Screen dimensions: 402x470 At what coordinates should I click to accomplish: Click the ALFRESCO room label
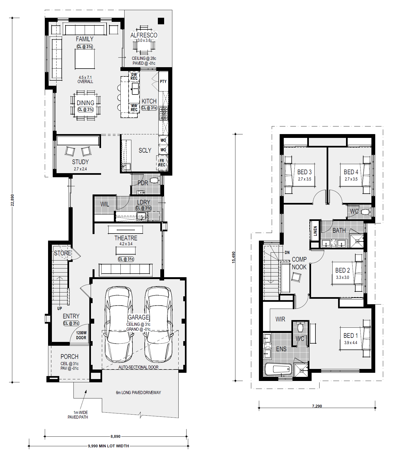pos(144,35)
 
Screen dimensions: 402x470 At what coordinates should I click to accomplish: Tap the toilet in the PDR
pos(155,180)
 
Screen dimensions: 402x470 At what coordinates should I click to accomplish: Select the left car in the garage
pos(119,324)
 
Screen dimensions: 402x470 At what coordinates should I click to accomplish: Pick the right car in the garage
pos(158,324)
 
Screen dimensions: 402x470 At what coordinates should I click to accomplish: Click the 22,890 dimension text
pos(12,200)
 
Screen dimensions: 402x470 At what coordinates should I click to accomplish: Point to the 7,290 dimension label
pos(317,406)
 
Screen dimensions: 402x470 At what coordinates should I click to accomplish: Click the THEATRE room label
pos(126,238)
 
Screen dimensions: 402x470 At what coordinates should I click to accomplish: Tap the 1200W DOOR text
pos(81,335)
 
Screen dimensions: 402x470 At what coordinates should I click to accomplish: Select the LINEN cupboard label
pos(315,231)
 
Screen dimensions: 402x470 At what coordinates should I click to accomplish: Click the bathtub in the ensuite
pos(278,370)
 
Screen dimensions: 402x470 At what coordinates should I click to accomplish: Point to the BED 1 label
pos(350,336)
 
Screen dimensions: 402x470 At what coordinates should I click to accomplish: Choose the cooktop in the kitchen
pos(164,113)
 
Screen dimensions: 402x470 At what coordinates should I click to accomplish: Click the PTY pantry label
pos(163,81)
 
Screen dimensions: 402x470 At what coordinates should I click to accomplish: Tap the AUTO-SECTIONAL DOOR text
pos(138,367)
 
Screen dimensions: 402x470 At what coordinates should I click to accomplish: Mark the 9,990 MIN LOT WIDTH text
pos(108,446)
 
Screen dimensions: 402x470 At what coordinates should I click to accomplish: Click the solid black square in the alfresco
pos(161,21)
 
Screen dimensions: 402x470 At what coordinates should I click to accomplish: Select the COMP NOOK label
pos(299,263)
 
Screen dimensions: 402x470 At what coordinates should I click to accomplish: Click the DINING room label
pos(85,103)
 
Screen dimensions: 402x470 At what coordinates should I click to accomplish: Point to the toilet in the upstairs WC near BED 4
pos(366,212)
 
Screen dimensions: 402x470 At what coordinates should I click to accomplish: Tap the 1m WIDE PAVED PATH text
pos(78,415)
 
